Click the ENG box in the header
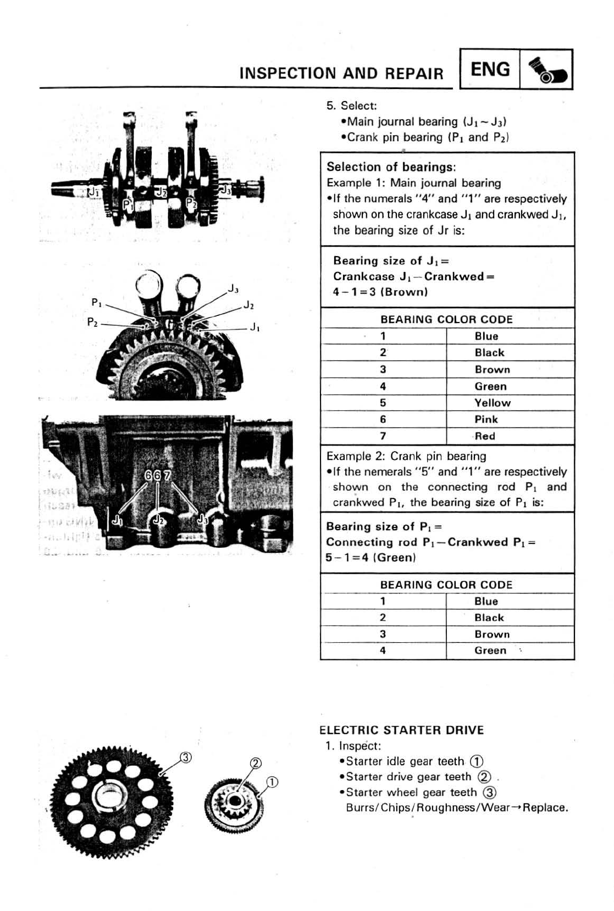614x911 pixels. click(x=490, y=70)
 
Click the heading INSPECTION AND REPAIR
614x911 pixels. click(x=341, y=74)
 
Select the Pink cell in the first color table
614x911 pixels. click(x=486, y=420)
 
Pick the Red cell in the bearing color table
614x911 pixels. click(x=485, y=436)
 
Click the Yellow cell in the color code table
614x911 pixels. click(x=493, y=403)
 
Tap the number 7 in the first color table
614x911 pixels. click(x=383, y=436)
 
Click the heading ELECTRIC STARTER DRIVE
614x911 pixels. click(x=402, y=730)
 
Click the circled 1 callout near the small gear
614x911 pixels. click(x=272, y=782)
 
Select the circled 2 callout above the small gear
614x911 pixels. click(x=256, y=763)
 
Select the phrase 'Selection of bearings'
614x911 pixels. click(x=391, y=167)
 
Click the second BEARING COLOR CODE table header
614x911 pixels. click(x=446, y=585)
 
